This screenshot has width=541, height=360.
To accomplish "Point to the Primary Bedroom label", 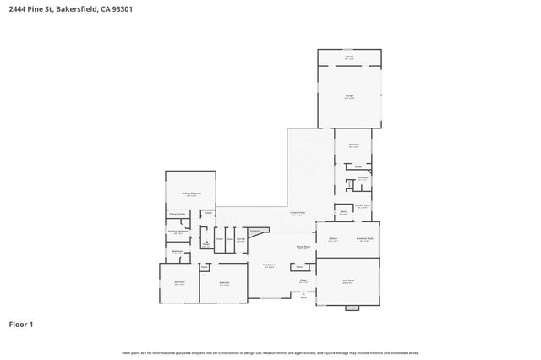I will (191, 194).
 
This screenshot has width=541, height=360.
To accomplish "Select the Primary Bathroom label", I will (177, 231).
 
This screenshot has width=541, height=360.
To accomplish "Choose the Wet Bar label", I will (240, 239).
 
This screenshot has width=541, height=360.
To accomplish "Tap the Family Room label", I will (266, 265).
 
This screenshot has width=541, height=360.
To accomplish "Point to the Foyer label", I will (303, 281).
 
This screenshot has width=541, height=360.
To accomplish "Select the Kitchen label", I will (333, 239).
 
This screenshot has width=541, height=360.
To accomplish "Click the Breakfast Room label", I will (365, 239).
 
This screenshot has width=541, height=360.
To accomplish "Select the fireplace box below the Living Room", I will (352, 308).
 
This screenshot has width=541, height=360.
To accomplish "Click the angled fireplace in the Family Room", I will (254, 230).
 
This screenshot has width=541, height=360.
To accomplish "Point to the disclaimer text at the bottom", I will (270, 352).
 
